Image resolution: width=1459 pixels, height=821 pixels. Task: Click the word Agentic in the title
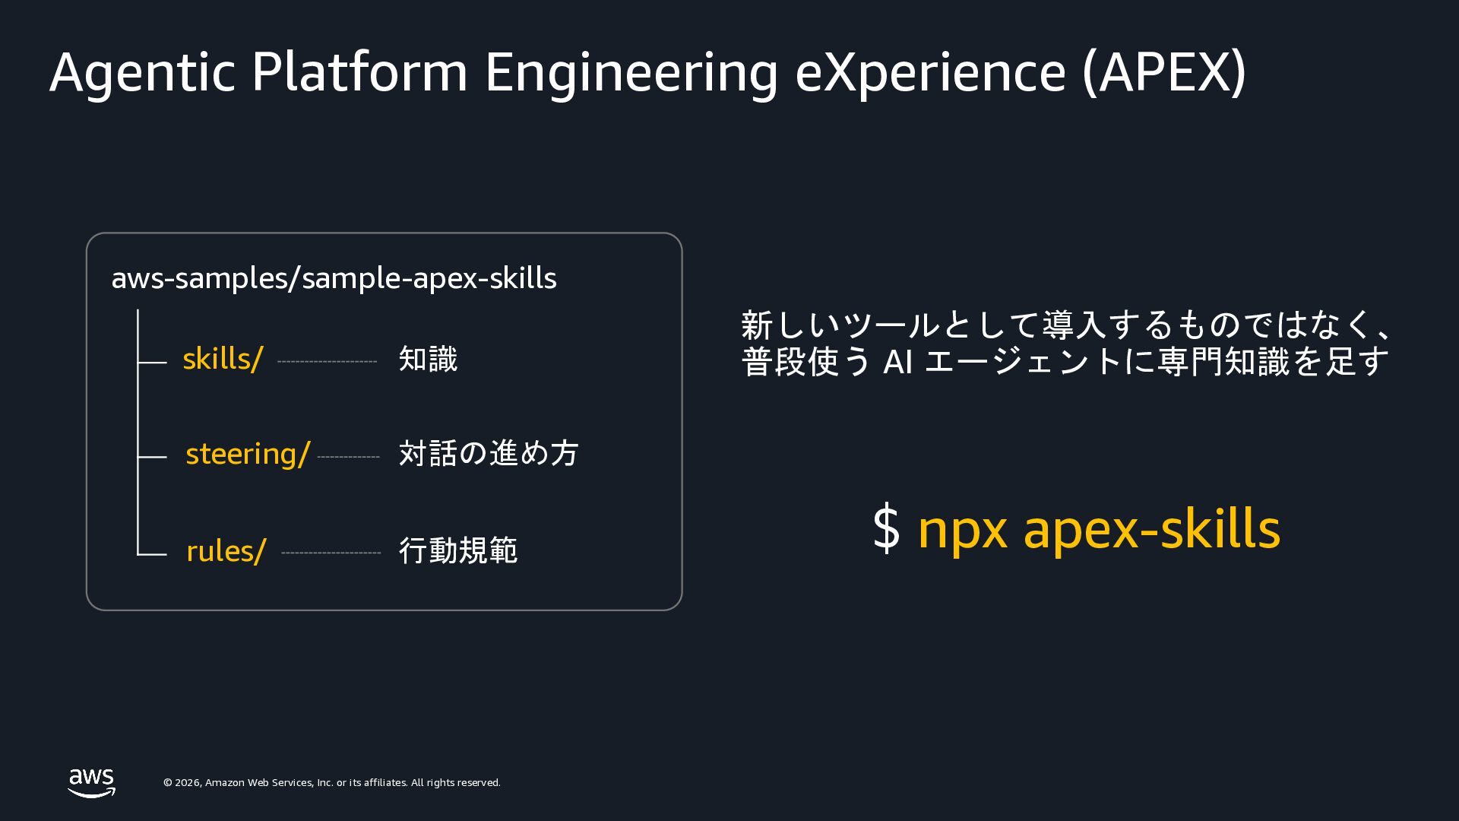(142, 73)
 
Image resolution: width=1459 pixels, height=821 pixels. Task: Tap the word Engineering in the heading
(631, 73)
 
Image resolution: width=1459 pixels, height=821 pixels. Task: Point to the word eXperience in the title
(931, 73)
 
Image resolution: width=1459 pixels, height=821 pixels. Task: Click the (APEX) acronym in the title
(1164, 72)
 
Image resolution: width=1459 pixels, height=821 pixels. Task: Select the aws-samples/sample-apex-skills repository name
(334, 278)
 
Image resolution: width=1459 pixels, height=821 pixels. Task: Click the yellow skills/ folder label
(223, 359)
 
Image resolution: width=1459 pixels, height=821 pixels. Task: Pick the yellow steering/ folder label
(248, 455)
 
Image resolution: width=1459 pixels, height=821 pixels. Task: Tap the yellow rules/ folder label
(226, 551)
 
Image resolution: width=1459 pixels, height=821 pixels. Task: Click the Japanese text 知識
(429, 359)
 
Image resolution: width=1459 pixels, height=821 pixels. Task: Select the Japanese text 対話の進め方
(489, 453)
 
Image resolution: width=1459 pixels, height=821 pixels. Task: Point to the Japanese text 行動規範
(458, 550)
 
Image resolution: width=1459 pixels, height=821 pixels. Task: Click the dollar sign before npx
(886, 528)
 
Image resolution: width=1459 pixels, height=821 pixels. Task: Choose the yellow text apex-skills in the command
(1152, 529)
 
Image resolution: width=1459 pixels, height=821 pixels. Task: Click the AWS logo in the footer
(92, 783)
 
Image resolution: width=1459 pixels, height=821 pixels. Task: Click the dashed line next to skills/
(328, 362)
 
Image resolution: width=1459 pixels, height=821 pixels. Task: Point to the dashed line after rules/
(331, 553)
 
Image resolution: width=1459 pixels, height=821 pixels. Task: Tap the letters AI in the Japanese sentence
(897, 363)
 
